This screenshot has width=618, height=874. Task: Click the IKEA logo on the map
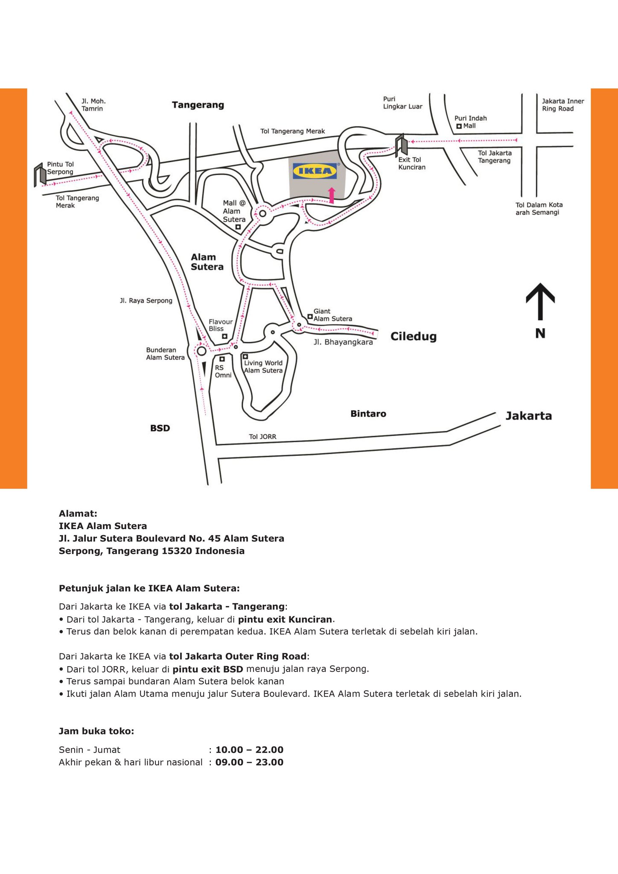(x=315, y=171)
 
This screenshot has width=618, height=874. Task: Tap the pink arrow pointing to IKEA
(x=332, y=195)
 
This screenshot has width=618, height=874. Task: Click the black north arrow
(x=540, y=301)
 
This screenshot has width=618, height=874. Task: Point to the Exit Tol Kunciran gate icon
(x=401, y=145)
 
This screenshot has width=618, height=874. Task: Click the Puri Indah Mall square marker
(x=459, y=126)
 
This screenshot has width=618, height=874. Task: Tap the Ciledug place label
(x=413, y=336)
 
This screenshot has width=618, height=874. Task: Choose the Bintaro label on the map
(x=368, y=414)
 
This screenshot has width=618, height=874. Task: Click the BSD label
(x=160, y=428)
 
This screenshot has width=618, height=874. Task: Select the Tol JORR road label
(x=262, y=437)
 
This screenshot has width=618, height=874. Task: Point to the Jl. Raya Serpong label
(x=146, y=300)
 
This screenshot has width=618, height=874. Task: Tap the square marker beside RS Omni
(x=222, y=359)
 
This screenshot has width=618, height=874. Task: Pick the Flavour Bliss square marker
(x=224, y=336)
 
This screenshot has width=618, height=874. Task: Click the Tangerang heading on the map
(x=198, y=105)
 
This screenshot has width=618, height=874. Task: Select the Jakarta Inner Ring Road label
(x=563, y=105)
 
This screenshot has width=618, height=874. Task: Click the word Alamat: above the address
(x=78, y=513)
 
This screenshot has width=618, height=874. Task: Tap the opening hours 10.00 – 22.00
(x=249, y=750)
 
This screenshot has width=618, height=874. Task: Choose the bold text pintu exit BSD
(x=207, y=669)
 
